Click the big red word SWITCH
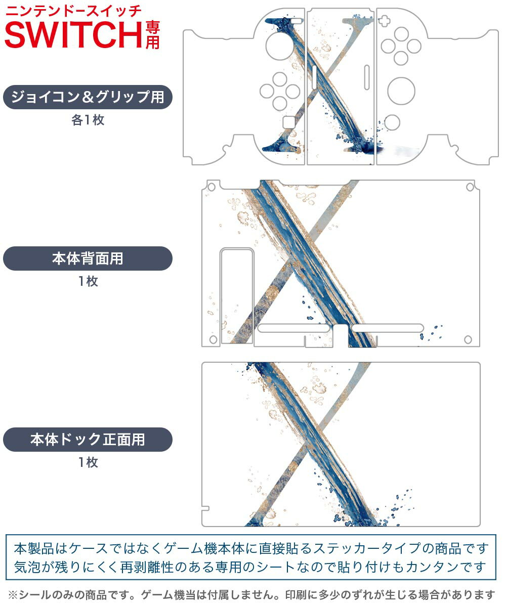coord(73,35)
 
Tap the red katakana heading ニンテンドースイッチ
coord(74,12)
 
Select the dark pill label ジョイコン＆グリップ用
coord(88,97)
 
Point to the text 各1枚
coord(88,120)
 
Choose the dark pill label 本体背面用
coord(88,258)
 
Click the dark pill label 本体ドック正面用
coord(88,439)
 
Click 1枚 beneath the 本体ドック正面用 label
coord(88,462)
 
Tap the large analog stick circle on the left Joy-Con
coord(279,46)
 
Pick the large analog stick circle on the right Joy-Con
coord(401,91)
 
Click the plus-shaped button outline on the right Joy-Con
coord(384,21)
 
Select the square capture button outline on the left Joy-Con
coord(289,122)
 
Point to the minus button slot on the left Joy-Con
coord(297,21)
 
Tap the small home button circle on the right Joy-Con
coord(392,122)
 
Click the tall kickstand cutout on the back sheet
coord(237,296)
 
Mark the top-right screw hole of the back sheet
coord(470,187)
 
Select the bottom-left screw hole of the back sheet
coord(213,339)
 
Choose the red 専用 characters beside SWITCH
coord(152,35)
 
